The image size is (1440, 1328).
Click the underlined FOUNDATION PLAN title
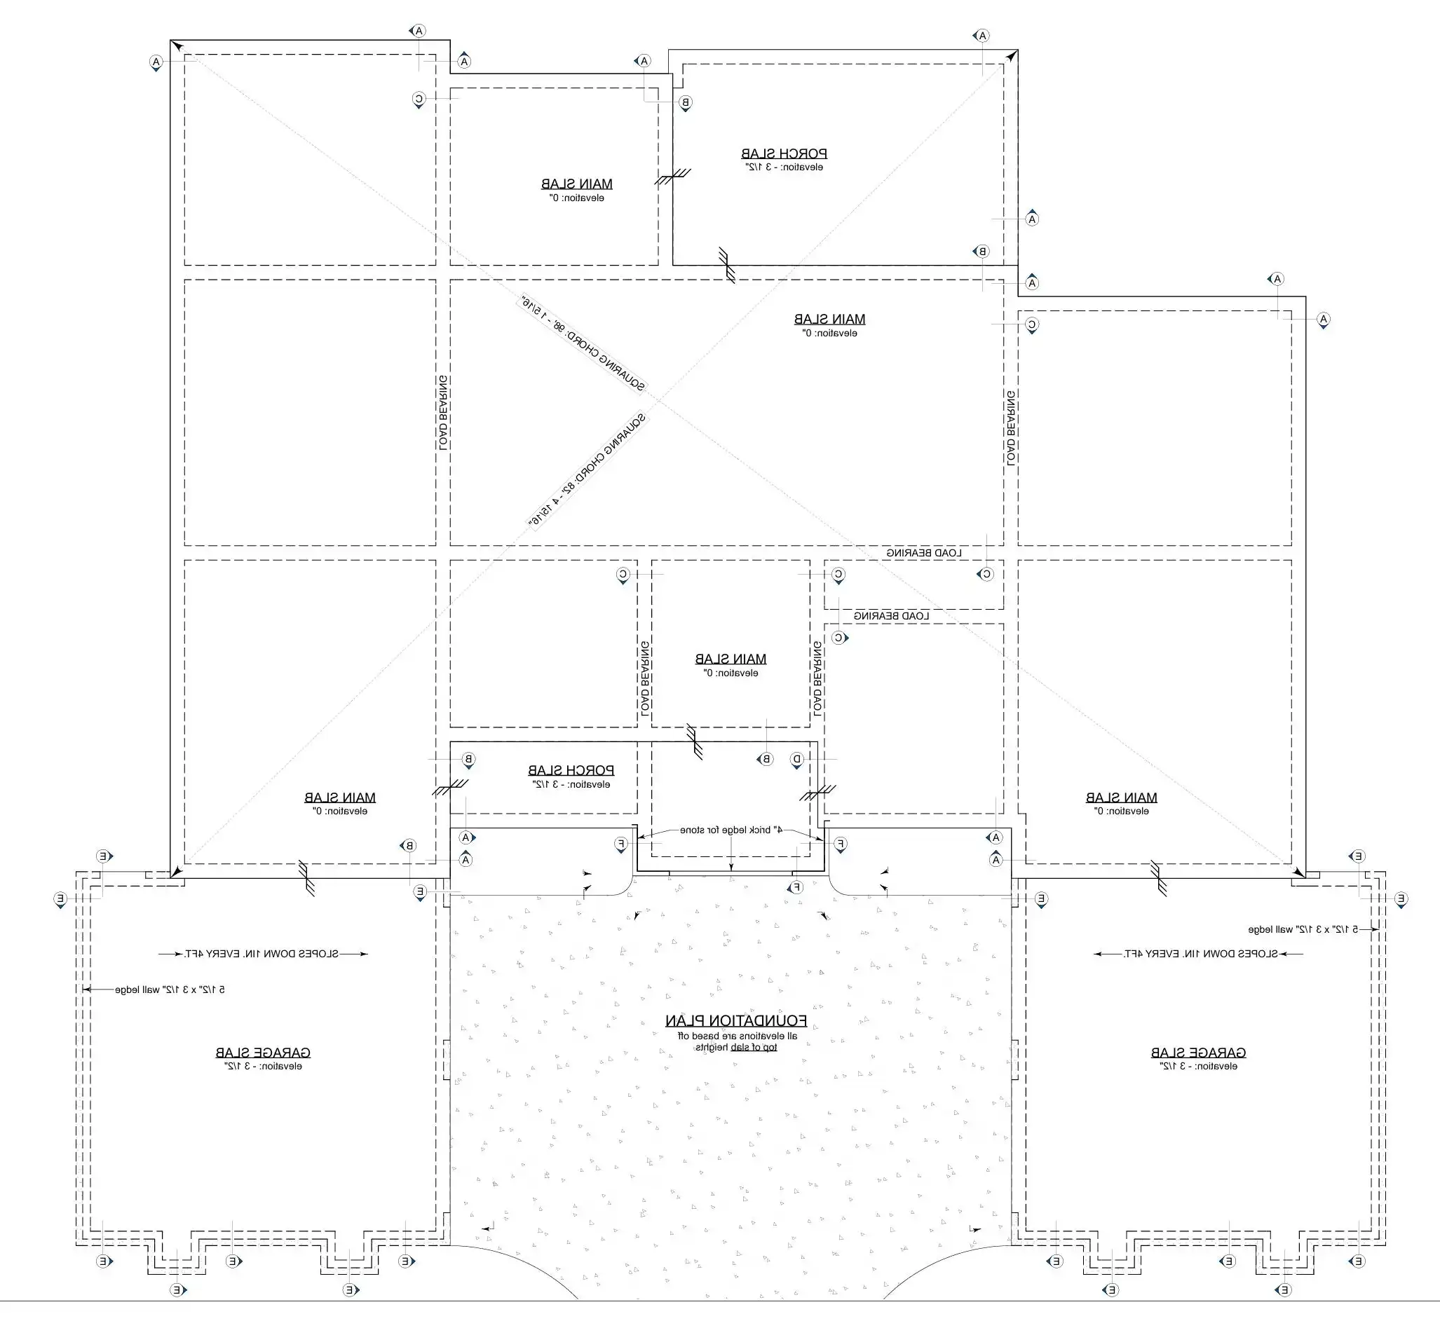pyautogui.click(x=735, y=1020)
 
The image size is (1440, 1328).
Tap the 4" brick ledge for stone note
pyautogui.click(x=731, y=830)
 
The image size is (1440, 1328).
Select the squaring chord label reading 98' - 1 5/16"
pyautogui.click(x=581, y=343)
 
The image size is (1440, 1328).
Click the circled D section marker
pyautogui.click(x=796, y=759)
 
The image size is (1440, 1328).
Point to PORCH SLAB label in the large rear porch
pyautogui.click(x=784, y=153)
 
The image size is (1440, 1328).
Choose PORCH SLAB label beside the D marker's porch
pyautogui.click(x=571, y=770)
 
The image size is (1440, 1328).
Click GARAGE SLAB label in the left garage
pyautogui.click(x=262, y=1052)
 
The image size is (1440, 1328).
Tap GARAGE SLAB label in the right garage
pyautogui.click(x=1197, y=1052)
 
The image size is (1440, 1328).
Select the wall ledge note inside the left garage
pyautogui.click(x=170, y=990)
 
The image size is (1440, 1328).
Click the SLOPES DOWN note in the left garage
pyautogui.click(x=261, y=954)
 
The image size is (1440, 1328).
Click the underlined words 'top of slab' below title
pyautogui.click(x=754, y=1047)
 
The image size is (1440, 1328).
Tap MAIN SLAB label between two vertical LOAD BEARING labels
pyautogui.click(x=731, y=658)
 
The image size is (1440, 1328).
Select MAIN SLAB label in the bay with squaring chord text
pyautogui.click(x=829, y=318)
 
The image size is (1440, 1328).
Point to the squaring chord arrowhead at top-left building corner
pyautogui.click(x=177, y=48)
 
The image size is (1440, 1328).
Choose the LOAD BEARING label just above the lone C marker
pyautogui.click(x=891, y=616)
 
